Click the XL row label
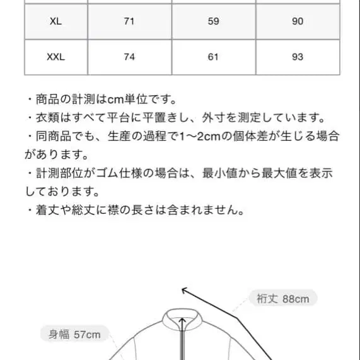coord(55,21)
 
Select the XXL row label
coord(55,57)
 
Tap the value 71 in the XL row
coord(129,21)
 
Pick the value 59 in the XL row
coord(213,21)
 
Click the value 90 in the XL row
coord(298,21)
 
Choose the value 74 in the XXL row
coord(129,57)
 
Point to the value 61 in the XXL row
coord(213,57)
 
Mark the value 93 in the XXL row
coord(298,57)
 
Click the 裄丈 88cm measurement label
coord(282,299)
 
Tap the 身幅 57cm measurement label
coord(74,335)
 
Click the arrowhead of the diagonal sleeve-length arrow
coord(185,290)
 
